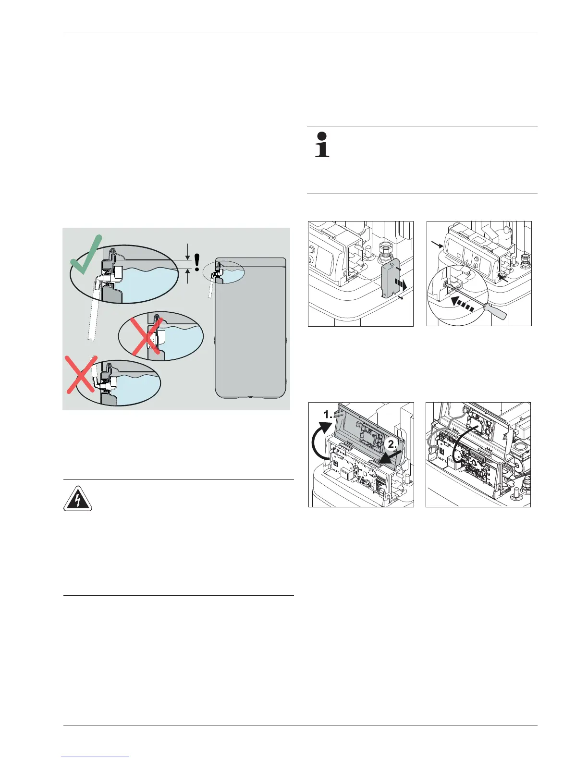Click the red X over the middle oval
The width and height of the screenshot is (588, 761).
pos(148,337)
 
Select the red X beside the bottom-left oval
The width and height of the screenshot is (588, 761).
pos(81,380)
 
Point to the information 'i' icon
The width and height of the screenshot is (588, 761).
pos(322,144)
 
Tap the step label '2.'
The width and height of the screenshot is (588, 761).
pos(393,444)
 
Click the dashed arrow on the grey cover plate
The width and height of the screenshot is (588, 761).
pos(401,282)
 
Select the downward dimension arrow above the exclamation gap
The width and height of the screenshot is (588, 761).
pos(187,253)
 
